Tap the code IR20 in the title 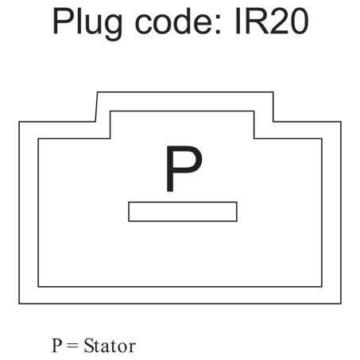pos(272,21)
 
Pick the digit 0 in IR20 pos(299,21)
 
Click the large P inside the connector pos(184,168)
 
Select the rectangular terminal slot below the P pos(183,211)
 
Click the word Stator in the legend pos(110,346)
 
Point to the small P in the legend pos(57,346)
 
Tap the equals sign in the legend pos(72,346)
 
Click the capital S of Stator pos(89,346)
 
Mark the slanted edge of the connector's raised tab pos(96,106)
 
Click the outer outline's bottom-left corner pos(19,304)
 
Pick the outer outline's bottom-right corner pos(341,304)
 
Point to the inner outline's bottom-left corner pos(39,286)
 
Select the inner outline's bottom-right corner pos(322,286)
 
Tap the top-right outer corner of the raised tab pos(273,92)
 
